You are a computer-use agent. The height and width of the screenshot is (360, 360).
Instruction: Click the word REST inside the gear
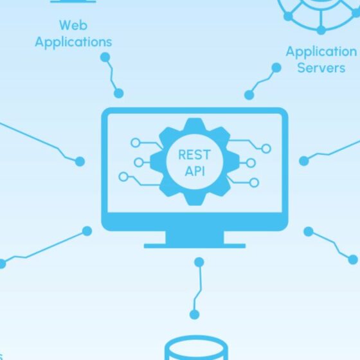point(194,154)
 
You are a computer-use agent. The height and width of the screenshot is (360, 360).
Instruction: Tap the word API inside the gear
point(195,171)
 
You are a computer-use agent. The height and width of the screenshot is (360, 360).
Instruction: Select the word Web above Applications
point(73,25)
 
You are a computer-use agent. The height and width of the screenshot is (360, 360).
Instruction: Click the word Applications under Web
point(73,42)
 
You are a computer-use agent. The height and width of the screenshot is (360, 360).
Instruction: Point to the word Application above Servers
point(321,51)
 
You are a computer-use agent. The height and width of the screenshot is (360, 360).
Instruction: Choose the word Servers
point(321,68)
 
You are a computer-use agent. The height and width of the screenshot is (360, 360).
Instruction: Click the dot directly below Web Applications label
point(105,57)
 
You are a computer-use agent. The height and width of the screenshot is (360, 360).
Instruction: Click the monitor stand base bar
point(195,246)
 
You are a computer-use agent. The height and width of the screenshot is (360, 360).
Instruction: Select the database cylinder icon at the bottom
point(197,348)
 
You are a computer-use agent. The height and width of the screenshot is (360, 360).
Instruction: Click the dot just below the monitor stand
point(199,262)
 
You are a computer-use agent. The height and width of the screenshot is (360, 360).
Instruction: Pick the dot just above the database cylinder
point(194,314)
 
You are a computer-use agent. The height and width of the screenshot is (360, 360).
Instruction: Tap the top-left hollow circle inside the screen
point(136,143)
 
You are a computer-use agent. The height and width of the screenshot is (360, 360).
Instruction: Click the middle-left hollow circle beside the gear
point(139,163)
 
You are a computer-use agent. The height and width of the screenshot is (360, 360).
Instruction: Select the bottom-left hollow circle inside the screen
point(123,177)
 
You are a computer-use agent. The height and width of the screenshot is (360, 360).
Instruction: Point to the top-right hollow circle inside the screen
point(266,148)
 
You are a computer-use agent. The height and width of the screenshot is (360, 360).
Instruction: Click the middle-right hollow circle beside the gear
point(251,163)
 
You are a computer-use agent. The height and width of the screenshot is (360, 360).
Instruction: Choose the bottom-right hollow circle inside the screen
point(254,183)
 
